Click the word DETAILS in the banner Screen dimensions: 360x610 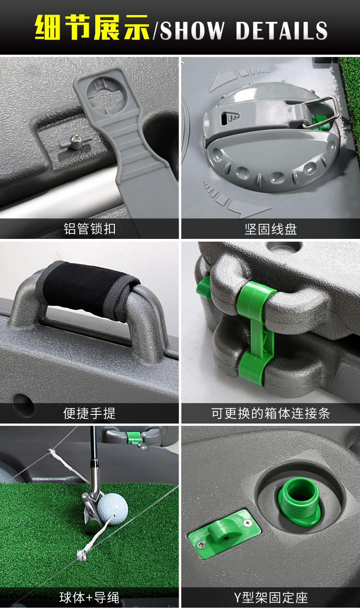pyautogui.click(x=281, y=31)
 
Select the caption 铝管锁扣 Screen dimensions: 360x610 pyautogui.click(x=89, y=229)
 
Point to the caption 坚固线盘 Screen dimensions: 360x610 pyautogui.click(x=271, y=229)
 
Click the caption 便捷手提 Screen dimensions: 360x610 pyautogui.click(x=89, y=414)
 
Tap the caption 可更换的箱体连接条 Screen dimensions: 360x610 pyautogui.click(x=271, y=414)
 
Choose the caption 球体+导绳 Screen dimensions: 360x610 pyautogui.click(x=89, y=598)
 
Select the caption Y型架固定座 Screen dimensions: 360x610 pyautogui.click(x=271, y=598)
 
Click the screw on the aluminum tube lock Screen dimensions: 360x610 pyautogui.click(x=77, y=140)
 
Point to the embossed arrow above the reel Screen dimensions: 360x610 pyautogui.click(x=238, y=79)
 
